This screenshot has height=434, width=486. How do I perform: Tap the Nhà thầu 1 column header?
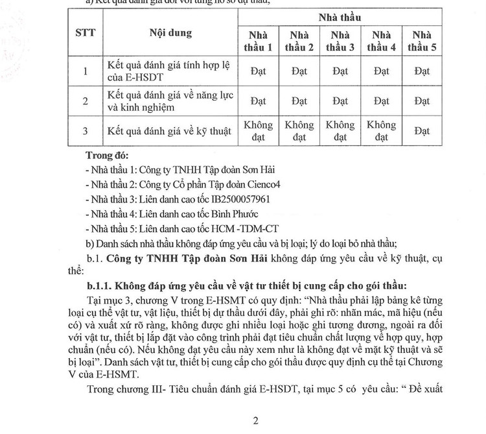[258, 41]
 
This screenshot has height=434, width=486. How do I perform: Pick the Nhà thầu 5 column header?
[422, 41]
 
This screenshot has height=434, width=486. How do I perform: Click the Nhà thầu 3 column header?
[340, 41]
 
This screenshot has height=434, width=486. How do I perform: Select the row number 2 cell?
[86, 101]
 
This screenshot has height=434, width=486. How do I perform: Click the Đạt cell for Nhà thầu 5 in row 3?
[422, 131]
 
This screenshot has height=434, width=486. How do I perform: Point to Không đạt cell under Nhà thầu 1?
[258, 131]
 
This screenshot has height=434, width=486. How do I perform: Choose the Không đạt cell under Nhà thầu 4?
[381, 131]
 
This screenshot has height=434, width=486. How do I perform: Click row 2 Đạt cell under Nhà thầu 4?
[381, 101]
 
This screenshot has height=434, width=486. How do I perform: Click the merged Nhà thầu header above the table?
[340, 16]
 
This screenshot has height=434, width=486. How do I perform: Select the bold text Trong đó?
[108, 156]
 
